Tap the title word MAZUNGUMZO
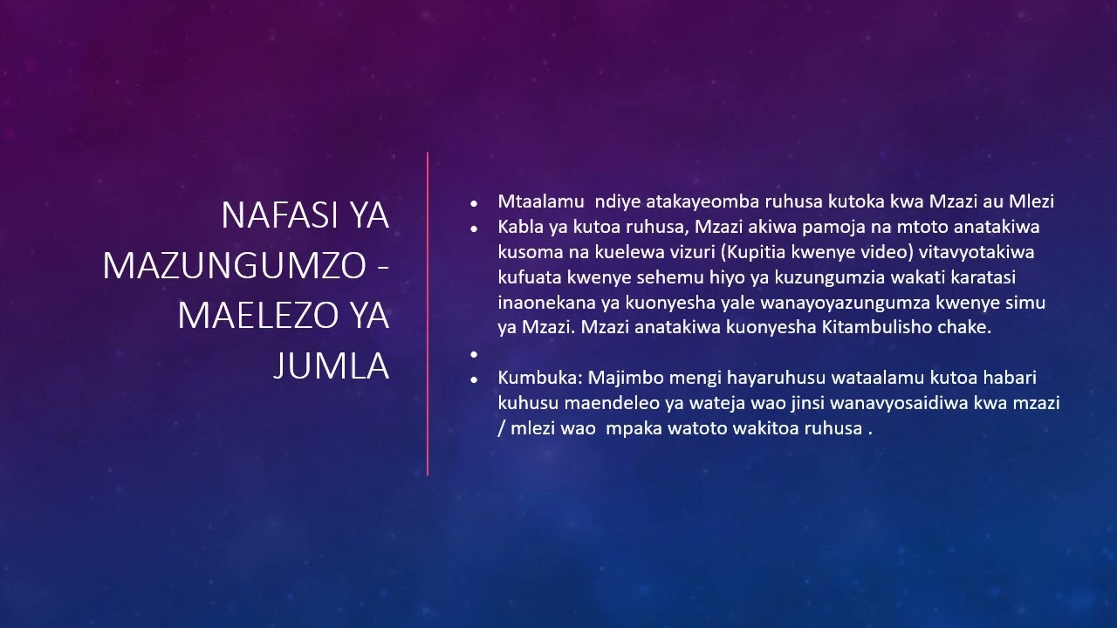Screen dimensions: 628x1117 (x=232, y=265)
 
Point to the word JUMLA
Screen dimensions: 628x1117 (x=331, y=366)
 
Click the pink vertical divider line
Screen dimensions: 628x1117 (x=428, y=314)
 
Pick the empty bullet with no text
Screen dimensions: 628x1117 (x=474, y=354)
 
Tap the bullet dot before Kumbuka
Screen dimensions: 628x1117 (x=474, y=379)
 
